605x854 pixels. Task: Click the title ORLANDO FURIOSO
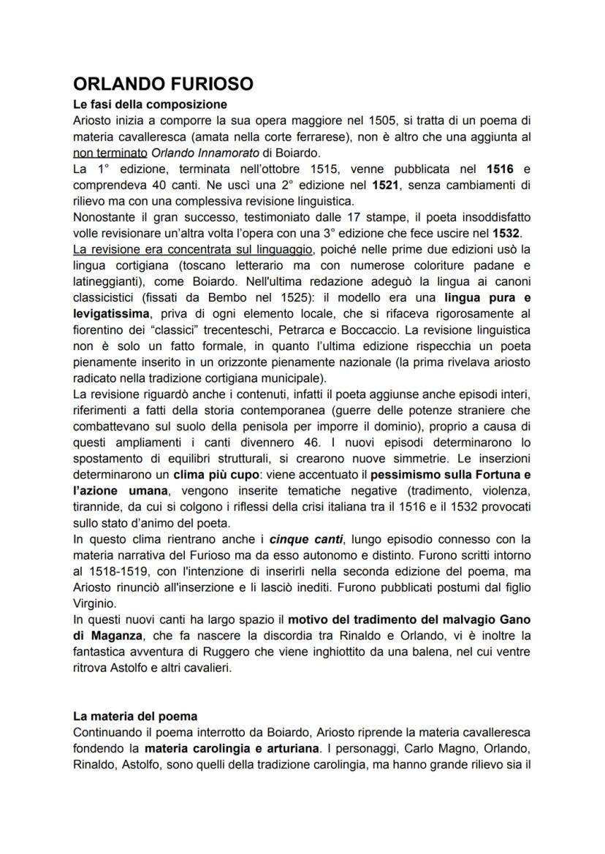pos(164,84)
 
